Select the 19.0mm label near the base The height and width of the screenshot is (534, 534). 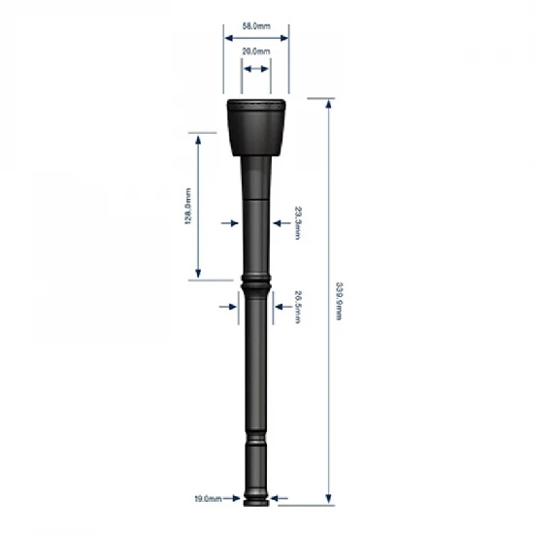click(x=208, y=499)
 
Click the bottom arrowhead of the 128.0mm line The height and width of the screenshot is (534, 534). click(x=199, y=274)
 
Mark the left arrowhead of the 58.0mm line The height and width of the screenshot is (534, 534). click(x=228, y=38)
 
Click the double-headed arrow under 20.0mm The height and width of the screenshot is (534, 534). click(x=256, y=69)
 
